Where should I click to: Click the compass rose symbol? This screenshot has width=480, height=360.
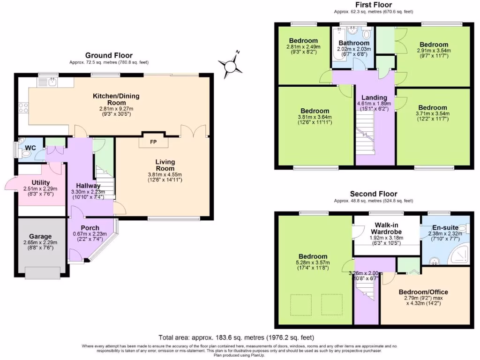(230, 66)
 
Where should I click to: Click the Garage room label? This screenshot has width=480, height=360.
(40, 237)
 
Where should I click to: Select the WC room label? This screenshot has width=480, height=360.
(30, 148)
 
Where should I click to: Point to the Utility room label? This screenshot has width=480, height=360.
(41, 182)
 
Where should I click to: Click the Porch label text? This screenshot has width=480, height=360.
(90, 229)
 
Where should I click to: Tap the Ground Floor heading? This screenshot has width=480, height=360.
(109, 55)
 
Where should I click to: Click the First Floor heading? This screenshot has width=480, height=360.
(373, 4)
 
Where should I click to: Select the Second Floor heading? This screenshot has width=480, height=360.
(373, 194)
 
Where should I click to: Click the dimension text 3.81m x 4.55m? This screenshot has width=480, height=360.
(165, 174)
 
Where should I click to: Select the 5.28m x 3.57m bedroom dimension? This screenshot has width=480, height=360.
(313, 262)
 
